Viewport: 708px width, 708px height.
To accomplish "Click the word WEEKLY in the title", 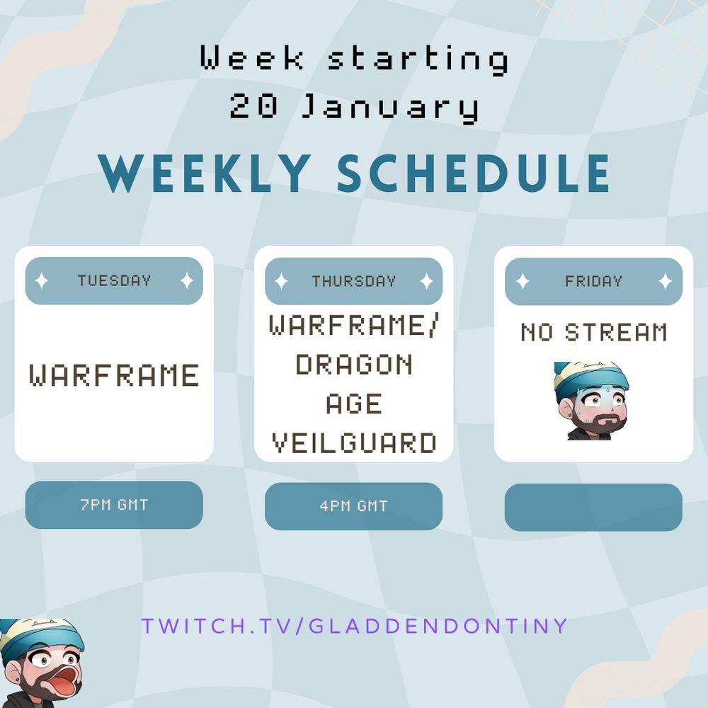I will pos(206,173).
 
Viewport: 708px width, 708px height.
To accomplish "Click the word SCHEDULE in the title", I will pos(474,173).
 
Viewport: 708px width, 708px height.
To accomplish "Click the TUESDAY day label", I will pos(114,281).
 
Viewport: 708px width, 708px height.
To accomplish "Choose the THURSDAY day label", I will pos(353,281).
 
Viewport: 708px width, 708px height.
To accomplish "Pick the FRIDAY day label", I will pos(593,281).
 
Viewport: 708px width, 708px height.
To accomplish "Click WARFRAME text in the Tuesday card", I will pos(114,375).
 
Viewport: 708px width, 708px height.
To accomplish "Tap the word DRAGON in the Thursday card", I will pos(353,365).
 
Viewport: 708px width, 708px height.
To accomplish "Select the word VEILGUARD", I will pos(353,444).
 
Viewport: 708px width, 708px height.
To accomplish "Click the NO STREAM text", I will pos(593,332).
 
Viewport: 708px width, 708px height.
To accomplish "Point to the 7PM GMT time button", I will pos(114,505).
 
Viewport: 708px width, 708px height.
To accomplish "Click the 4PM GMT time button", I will pos(353,506).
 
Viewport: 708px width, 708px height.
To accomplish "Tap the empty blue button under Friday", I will pos(593,507).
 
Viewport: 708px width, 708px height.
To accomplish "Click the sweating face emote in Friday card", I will pos(590,401).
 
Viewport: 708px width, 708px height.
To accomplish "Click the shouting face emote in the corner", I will pos(39,662).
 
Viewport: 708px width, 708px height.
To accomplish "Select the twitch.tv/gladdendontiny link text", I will pos(354,626).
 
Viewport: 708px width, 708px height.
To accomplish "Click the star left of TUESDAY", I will pos(42,281).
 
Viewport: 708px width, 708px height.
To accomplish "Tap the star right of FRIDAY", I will pos(665,281).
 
